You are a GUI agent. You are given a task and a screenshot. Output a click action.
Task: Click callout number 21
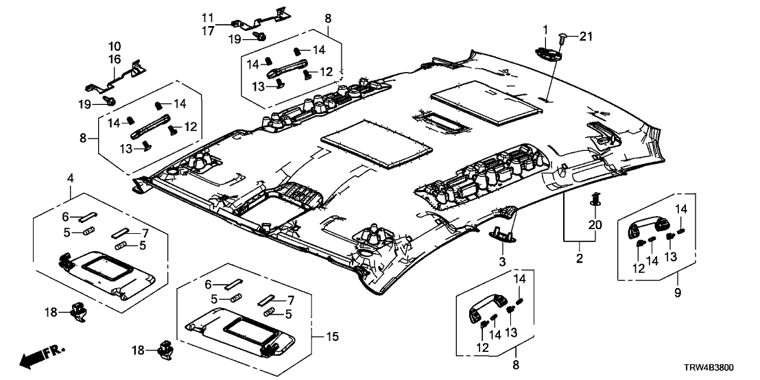584,36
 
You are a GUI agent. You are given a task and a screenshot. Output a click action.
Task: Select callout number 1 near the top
546,29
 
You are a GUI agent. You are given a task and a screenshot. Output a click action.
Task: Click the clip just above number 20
595,200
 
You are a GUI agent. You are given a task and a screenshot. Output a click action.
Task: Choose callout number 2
580,259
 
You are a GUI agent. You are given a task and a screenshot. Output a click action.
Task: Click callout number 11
208,16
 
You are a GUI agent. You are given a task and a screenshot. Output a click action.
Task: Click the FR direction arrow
38,357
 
